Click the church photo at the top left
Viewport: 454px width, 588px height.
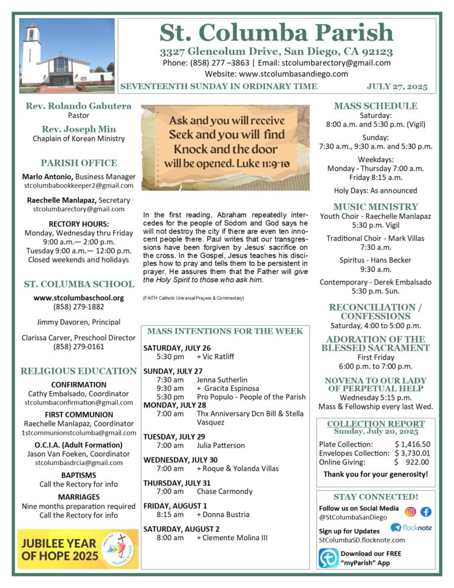(67, 56)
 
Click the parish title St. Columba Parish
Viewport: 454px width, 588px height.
(277, 32)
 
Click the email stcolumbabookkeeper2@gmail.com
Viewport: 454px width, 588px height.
(79, 186)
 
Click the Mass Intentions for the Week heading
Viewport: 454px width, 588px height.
(225, 331)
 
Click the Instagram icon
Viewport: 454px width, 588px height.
(410, 512)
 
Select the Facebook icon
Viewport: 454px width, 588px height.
(426, 512)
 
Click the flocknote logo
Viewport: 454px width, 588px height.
(410, 527)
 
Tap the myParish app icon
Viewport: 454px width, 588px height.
(329, 558)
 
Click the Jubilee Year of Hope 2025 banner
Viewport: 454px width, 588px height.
(77, 549)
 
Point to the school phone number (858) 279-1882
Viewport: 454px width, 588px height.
(79, 307)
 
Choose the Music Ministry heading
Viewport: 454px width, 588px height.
(375, 207)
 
